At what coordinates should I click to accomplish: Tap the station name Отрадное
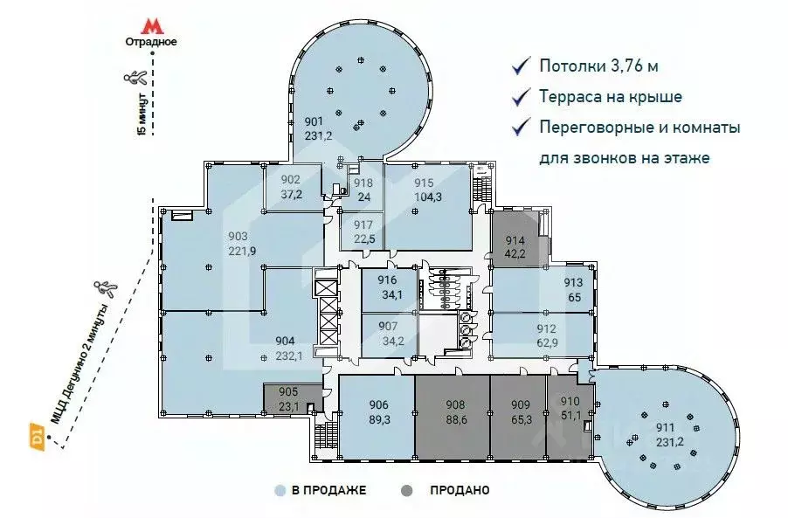(151, 41)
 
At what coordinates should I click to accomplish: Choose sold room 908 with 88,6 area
(452, 413)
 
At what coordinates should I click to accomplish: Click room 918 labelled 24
(363, 190)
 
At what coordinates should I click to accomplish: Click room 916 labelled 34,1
(387, 287)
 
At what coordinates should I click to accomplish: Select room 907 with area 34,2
(389, 334)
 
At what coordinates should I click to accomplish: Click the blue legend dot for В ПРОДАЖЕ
(280, 490)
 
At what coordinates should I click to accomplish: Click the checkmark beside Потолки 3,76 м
(521, 66)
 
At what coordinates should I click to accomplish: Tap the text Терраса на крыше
(611, 97)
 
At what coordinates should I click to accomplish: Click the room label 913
(572, 282)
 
